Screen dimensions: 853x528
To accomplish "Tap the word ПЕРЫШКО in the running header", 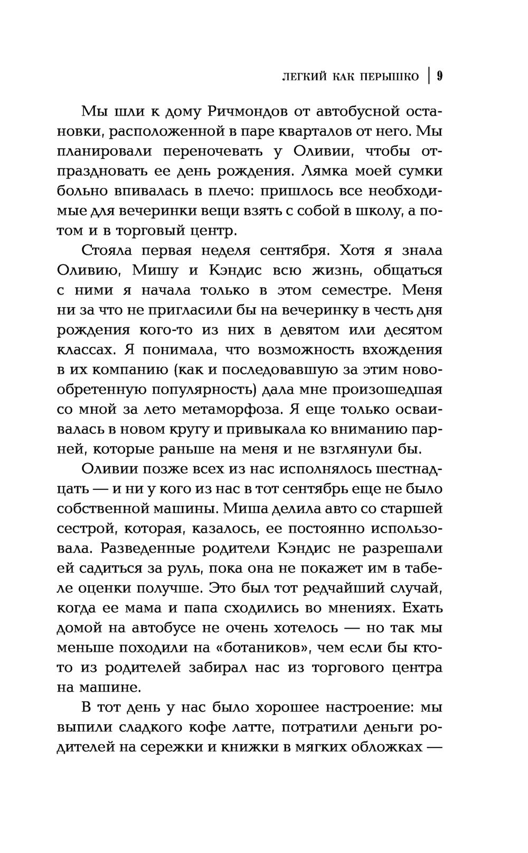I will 390,77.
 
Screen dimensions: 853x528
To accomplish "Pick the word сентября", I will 293,250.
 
